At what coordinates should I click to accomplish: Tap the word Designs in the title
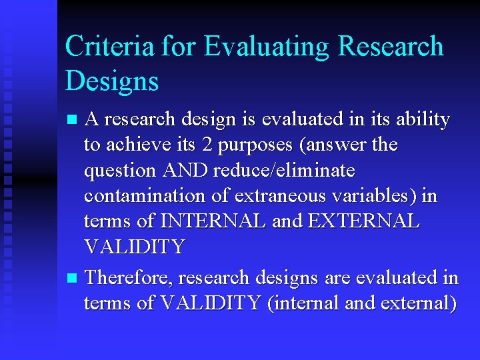click(112, 81)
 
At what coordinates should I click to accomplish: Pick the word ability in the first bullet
click(423, 120)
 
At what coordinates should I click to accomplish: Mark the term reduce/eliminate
click(285, 170)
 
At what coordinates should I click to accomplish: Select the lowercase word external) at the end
click(418, 303)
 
